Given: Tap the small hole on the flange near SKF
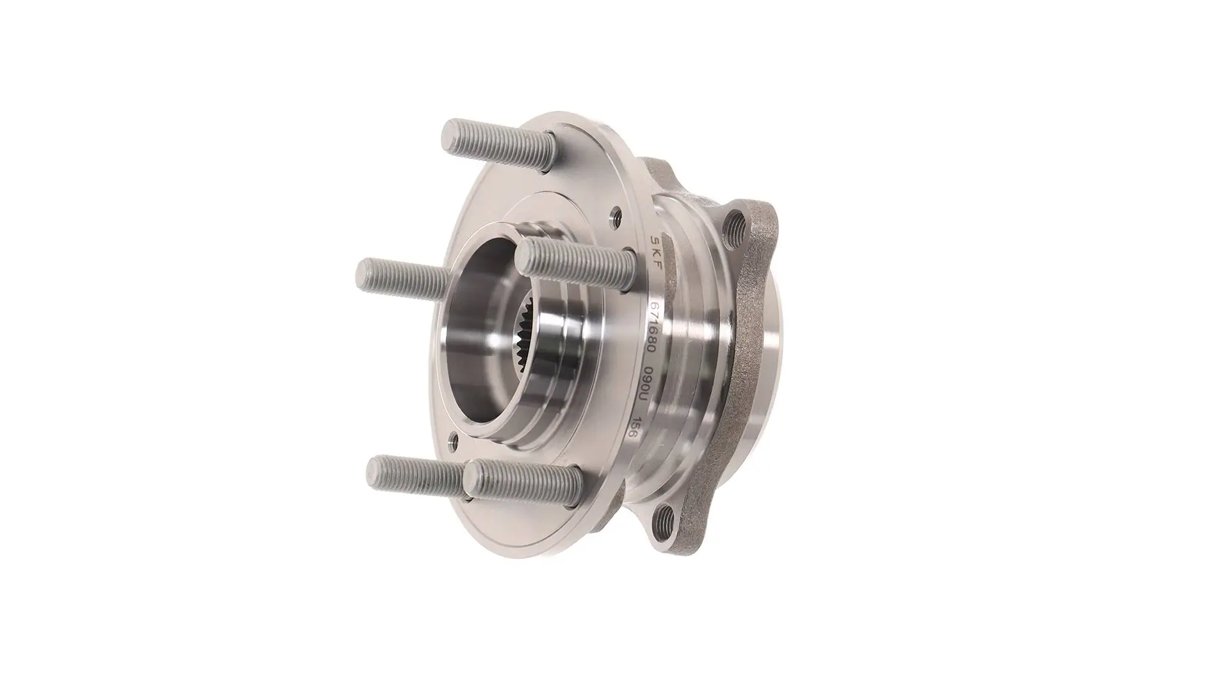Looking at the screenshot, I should (616, 216).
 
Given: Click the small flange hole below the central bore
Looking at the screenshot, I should (454, 440).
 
